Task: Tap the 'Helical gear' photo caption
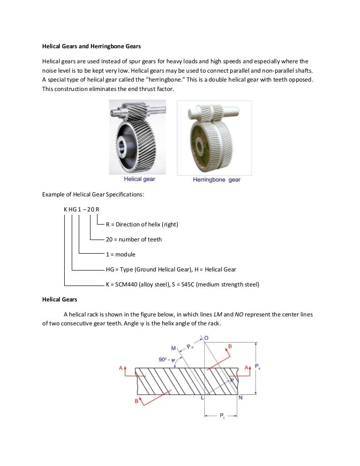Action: [139, 179]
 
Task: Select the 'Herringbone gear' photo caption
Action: [217, 180]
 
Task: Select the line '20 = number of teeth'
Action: [134, 239]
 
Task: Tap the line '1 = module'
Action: [120, 254]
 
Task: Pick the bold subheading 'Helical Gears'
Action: [60, 299]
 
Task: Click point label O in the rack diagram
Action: [207, 338]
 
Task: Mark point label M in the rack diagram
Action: [173, 348]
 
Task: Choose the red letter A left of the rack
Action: [120, 369]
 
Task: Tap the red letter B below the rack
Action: [136, 401]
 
